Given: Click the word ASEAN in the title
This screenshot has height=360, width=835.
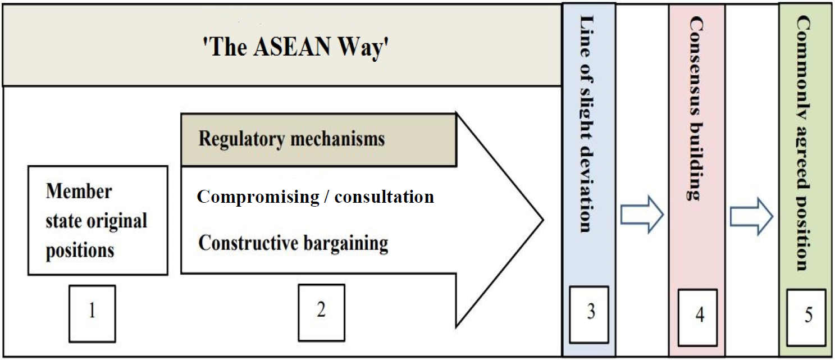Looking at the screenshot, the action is (292, 47).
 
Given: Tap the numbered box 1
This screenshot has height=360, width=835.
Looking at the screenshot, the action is (92, 313).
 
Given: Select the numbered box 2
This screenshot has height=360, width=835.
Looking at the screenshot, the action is (321, 312).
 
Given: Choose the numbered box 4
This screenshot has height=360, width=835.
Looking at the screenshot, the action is (697, 317).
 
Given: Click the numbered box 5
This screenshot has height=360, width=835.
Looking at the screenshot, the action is (806, 317).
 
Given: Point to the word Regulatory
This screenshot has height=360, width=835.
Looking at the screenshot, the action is (241, 139).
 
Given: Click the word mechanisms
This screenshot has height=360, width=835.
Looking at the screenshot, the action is (337, 139).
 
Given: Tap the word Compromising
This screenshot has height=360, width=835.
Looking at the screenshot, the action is (258, 197).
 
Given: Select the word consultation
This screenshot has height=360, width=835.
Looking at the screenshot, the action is (384, 197).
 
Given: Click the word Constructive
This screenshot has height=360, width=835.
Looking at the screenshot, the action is (248, 243).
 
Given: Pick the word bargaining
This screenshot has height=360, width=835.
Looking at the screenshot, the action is (346, 243).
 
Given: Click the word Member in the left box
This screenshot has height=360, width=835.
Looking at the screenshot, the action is (79, 191).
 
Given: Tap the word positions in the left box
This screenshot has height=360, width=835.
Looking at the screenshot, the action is (80, 250).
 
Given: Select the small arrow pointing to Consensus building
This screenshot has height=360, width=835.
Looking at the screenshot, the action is (642, 215).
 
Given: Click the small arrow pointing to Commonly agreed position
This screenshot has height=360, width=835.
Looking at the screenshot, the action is (751, 217).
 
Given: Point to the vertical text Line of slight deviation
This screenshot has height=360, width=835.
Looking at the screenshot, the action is (587, 124).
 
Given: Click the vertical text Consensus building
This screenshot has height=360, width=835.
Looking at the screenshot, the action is (696, 108).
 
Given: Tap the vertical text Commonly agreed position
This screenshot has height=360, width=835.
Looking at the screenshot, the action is (804, 143).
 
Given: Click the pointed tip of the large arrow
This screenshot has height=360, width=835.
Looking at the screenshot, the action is (543, 220).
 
